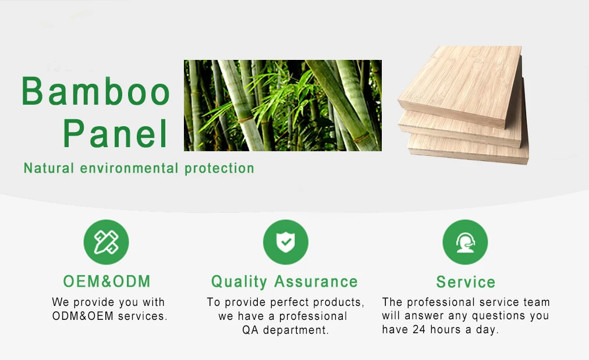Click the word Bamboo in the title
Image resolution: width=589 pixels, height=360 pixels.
click(x=96, y=91)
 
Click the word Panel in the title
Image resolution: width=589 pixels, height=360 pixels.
click(x=115, y=134)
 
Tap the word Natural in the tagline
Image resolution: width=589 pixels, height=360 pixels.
click(x=49, y=168)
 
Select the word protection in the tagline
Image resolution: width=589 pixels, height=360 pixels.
click(x=219, y=169)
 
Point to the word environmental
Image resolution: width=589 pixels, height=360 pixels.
click(x=129, y=168)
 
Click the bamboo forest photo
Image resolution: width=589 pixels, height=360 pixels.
click(x=283, y=105)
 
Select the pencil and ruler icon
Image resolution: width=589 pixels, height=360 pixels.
click(x=107, y=242)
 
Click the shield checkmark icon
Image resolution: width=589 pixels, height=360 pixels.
click(x=286, y=242)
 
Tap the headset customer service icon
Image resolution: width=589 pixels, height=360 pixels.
click(x=466, y=242)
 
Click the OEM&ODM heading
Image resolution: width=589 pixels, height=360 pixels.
click(x=107, y=281)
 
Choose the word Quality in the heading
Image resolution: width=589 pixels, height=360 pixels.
click(x=239, y=282)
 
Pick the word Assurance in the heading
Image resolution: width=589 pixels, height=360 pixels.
click(x=316, y=282)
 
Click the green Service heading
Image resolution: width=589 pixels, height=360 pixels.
click(x=466, y=282)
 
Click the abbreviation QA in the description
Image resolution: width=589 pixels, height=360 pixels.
click(x=250, y=330)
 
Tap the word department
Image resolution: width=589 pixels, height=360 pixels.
click(x=296, y=330)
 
